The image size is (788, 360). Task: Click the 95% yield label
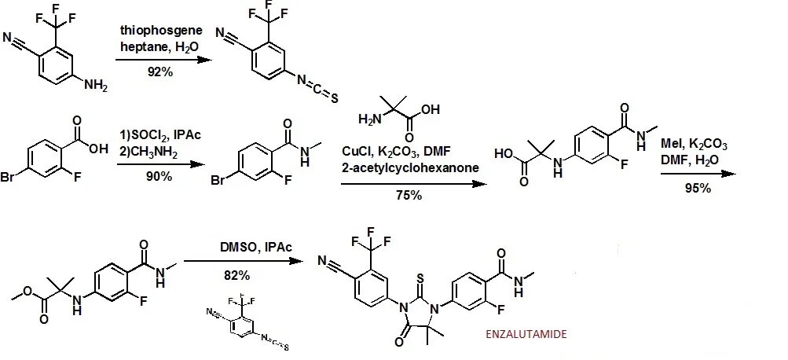(x=697, y=189)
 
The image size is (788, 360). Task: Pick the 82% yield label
(x=236, y=275)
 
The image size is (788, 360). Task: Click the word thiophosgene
(x=161, y=30)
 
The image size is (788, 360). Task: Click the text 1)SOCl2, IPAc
(x=159, y=136)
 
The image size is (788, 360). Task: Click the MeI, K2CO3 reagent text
(x=695, y=146)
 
